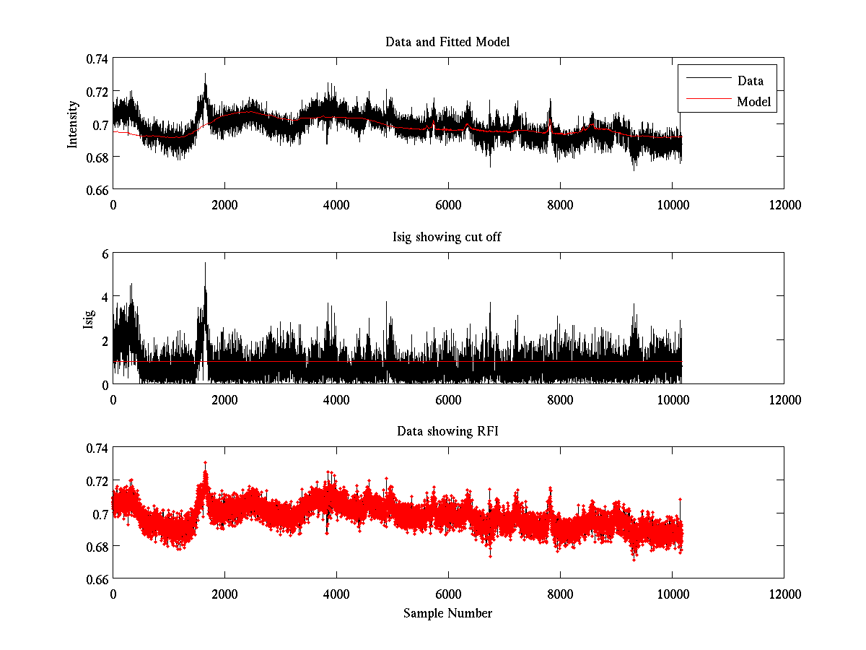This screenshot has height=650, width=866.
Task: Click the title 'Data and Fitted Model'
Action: tap(447, 42)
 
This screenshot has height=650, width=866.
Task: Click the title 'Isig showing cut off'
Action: tap(447, 237)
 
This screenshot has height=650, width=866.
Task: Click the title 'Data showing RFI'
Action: tap(447, 431)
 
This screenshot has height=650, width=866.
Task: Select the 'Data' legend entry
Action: tap(750, 80)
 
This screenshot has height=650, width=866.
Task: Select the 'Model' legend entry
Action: tap(753, 102)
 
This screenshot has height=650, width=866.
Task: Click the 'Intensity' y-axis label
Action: tap(72, 124)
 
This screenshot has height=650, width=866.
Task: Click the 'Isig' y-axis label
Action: tap(88, 318)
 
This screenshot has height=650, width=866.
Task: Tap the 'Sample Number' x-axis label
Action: tap(447, 613)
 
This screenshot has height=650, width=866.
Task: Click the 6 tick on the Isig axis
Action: tap(104, 253)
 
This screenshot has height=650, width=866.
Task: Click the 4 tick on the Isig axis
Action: tap(104, 297)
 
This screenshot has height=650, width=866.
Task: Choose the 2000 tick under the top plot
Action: tap(224, 204)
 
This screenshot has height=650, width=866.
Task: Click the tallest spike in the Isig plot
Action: tap(205, 264)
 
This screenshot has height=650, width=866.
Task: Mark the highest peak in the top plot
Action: tap(205, 74)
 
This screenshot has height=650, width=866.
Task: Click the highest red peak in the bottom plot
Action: tap(205, 463)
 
